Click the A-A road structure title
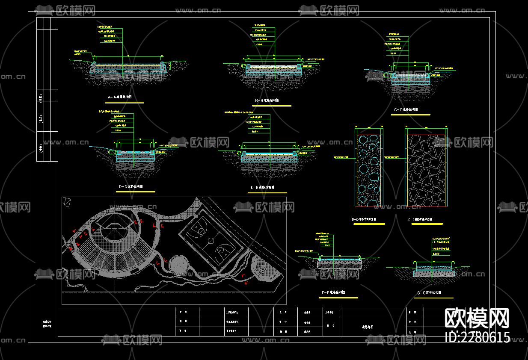(x=119, y=97)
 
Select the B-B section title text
(x=267, y=100)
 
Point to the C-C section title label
(x=406, y=110)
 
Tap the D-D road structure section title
(x=131, y=187)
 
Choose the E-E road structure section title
(x=262, y=187)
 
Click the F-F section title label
(x=333, y=293)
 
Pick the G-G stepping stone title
(x=428, y=293)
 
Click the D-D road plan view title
(x=364, y=220)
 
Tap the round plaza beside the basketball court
(x=178, y=265)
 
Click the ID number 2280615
(x=478, y=337)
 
